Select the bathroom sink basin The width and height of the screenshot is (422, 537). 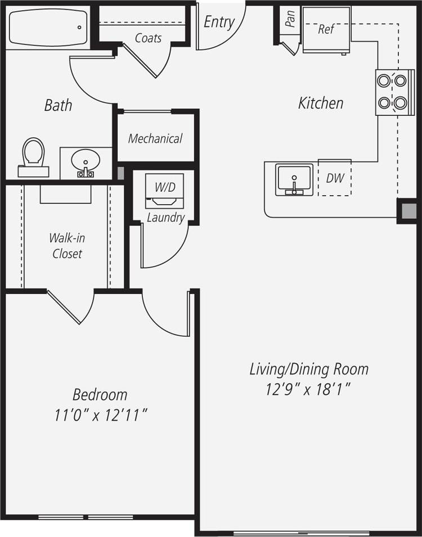click(86, 163)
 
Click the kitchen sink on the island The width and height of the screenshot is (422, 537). click(294, 179)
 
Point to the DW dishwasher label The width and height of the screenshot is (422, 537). click(335, 178)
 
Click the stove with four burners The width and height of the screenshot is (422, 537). click(392, 92)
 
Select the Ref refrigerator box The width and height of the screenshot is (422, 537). click(326, 30)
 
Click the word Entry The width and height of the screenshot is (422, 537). click(219, 22)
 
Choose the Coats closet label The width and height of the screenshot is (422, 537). click(148, 38)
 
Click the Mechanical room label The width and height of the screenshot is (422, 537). click(155, 138)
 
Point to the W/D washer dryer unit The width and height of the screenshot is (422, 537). click(164, 191)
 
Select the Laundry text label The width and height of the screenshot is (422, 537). click(165, 218)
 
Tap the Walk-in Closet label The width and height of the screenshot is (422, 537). click(67, 246)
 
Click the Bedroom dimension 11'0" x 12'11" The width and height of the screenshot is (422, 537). click(101, 416)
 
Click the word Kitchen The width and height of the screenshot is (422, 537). click(321, 103)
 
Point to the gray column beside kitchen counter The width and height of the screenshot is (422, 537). click(407, 211)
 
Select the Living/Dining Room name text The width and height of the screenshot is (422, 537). click(309, 369)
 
